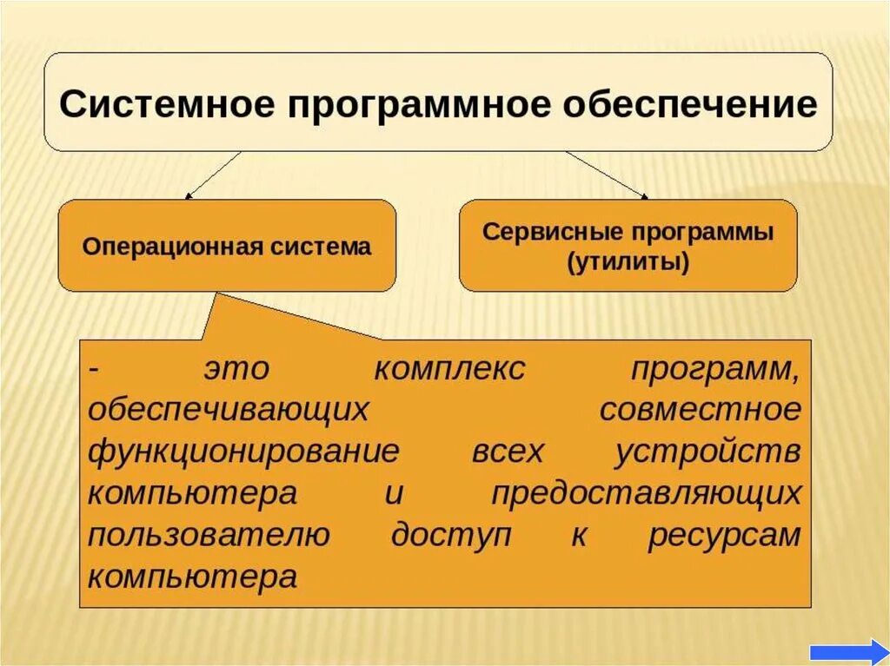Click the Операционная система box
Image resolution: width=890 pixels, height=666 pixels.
[x=227, y=246]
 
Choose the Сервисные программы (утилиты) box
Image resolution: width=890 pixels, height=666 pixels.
[x=628, y=246]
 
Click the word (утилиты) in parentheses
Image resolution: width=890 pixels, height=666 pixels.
[x=628, y=262]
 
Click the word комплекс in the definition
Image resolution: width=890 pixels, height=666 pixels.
[x=449, y=369]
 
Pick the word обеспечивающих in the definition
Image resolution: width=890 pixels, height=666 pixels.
[x=229, y=410]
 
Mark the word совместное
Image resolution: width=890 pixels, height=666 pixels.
[x=700, y=410]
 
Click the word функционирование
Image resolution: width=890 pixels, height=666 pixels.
[x=244, y=452]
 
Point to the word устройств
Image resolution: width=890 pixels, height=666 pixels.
[x=707, y=452]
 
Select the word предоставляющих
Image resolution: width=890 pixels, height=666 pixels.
[x=646, y=493]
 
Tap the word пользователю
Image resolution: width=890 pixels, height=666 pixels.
[x=209, y=535]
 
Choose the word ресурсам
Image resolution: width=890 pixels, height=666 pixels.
[x=724, y=535]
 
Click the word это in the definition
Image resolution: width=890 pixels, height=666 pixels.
[x=237, y=369]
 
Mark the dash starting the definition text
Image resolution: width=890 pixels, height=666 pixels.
[x=95, y=369]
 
